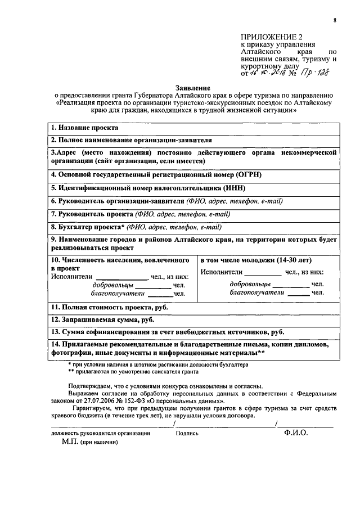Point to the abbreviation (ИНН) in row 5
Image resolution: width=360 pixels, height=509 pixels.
[x=234, y=188]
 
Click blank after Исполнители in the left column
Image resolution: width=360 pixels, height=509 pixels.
[x=120, y=277]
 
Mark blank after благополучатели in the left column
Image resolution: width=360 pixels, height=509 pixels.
[x=160, y=293]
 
